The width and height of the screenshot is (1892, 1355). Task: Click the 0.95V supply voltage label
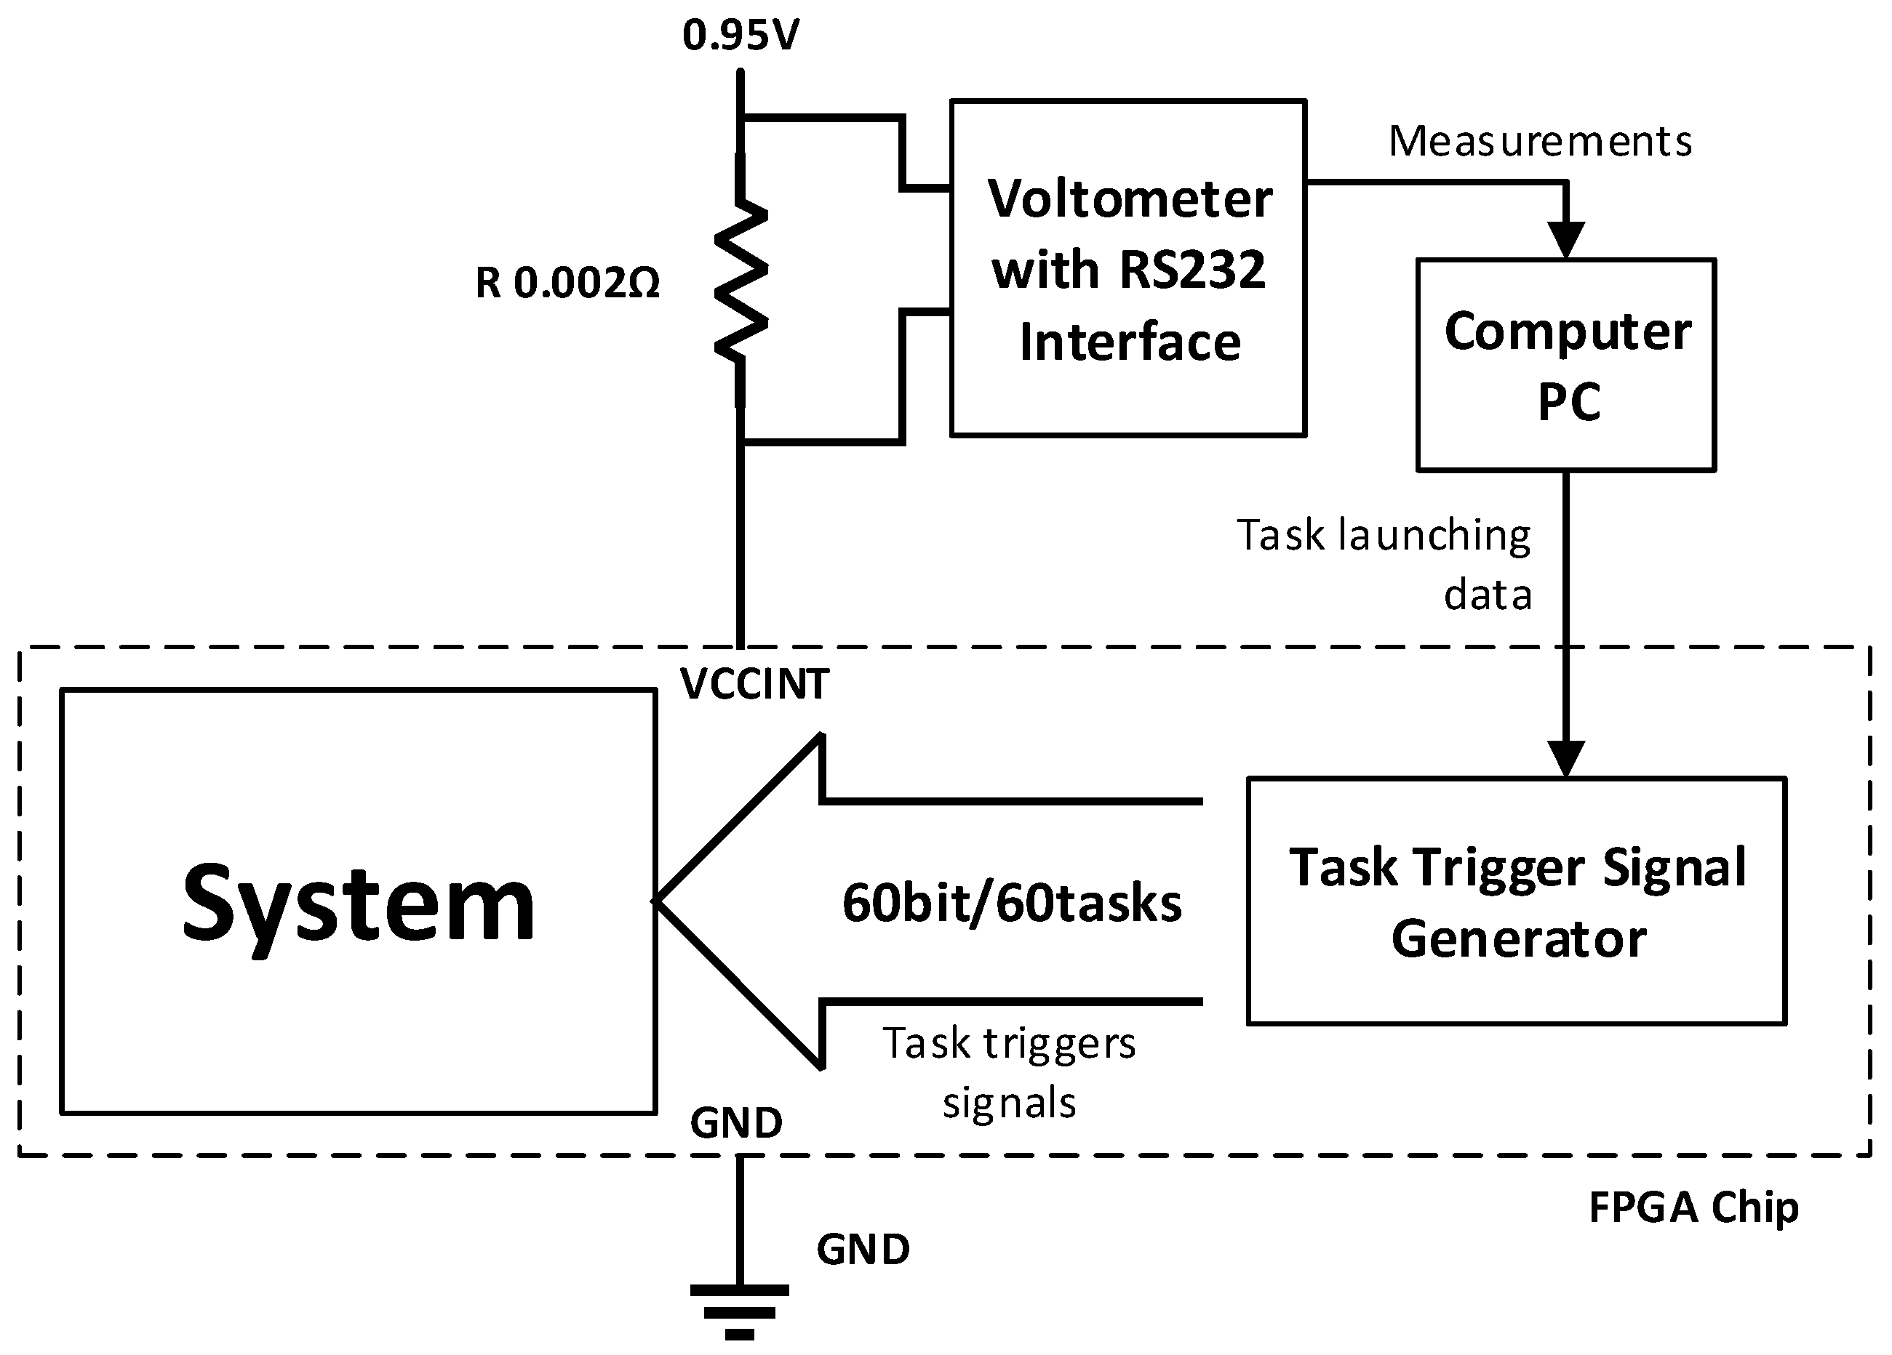(741, 35)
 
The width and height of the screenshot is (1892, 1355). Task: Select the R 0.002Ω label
(567, 283)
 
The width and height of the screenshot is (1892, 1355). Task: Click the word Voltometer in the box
(1130, 199)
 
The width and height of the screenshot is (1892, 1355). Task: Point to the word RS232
(1192, 270)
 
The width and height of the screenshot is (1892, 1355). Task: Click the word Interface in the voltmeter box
(1130, 342)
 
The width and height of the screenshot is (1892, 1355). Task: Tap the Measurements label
(1540, 141)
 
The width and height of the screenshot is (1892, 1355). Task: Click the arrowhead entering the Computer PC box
(1566, 240)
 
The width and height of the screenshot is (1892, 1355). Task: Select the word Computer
(1568, 332)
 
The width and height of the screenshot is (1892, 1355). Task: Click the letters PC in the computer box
(1568, 402)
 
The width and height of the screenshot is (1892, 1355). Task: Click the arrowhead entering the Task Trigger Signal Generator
(1566, 758)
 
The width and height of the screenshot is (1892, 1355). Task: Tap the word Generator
(1518, 939)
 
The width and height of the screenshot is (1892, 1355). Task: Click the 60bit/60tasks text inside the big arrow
(1011, 903)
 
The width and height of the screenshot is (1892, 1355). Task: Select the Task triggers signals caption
(1010, 1072)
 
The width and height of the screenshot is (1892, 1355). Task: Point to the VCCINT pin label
(754, 685)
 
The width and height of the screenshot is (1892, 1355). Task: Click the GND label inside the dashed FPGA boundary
(736, 1123)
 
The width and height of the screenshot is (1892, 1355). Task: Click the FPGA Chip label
(1693, 1207)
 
